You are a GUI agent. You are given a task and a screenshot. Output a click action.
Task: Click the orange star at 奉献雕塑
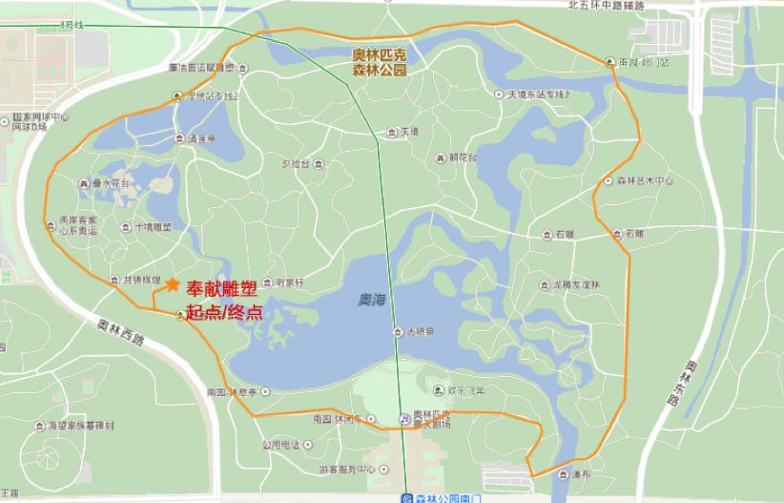click(x=172, y=284)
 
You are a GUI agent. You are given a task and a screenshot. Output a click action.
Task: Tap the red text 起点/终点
click(x=224, y=313)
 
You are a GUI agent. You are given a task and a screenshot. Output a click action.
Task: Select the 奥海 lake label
click(x=371, y=300)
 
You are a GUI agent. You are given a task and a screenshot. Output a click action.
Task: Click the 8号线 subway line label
click(x=72, y=23)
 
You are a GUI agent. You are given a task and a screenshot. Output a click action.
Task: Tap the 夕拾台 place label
click(x=298, y=163)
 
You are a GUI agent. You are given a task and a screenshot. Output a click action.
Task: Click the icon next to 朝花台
click(x=439, y=158)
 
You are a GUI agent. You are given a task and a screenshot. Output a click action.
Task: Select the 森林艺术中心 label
click(x=646, y=180)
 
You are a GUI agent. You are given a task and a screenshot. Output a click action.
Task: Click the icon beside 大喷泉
click(x=399, y=332)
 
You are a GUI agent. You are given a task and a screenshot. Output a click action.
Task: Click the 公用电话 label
click(x=281, y=445)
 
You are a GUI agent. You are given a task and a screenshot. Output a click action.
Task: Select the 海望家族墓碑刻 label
click(x=80, y=426)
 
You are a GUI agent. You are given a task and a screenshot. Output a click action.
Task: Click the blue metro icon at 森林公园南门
click(x=407, y=497)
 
